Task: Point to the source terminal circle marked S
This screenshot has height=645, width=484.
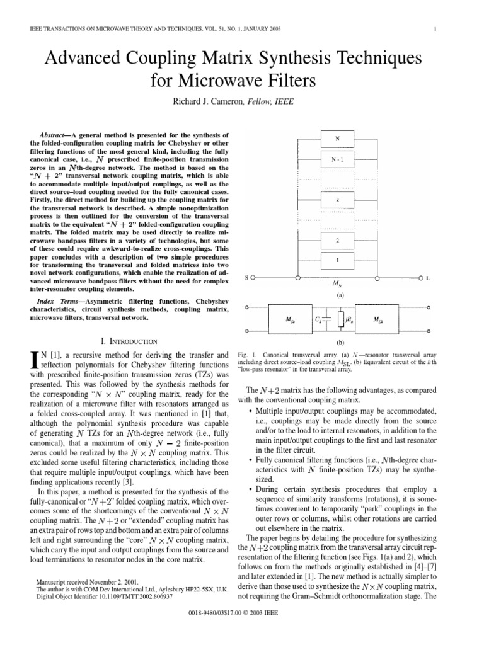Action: [x=253, y=277]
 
